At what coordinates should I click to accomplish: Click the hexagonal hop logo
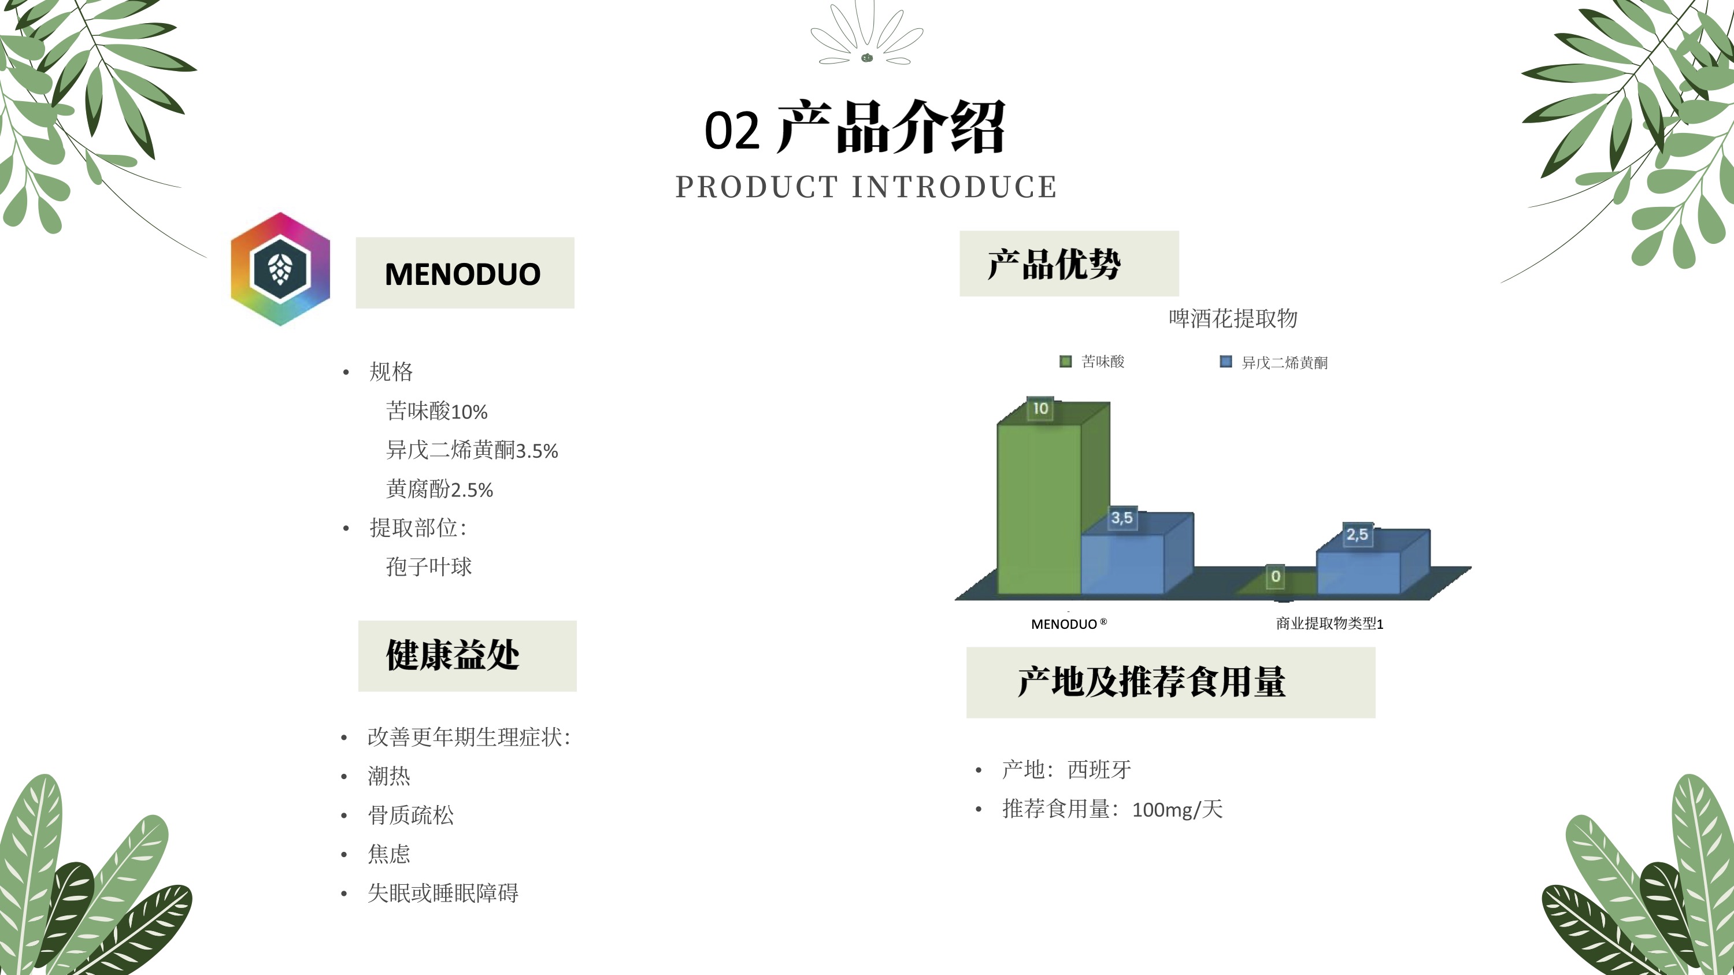(280, 269)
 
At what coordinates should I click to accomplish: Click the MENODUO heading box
(465, 273)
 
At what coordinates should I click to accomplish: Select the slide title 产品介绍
(891, 127)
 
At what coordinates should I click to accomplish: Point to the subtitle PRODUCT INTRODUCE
(866, 186)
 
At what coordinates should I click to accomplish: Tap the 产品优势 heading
(1054, 264)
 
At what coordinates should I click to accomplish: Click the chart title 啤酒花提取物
(1232, 318)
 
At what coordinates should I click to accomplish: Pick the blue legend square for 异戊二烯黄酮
(1226, 362)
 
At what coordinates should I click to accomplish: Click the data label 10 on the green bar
(1040, 409)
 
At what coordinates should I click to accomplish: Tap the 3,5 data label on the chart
(1122, 518)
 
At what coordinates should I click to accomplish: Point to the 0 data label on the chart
(1276, 577)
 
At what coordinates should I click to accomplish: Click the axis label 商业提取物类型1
(1329, 624)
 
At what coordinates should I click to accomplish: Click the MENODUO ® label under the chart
(1069, 624)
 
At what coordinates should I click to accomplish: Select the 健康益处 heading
(453, 655)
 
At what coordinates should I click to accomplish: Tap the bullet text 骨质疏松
(410, 815)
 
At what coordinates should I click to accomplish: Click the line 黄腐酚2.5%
(439, 489)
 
